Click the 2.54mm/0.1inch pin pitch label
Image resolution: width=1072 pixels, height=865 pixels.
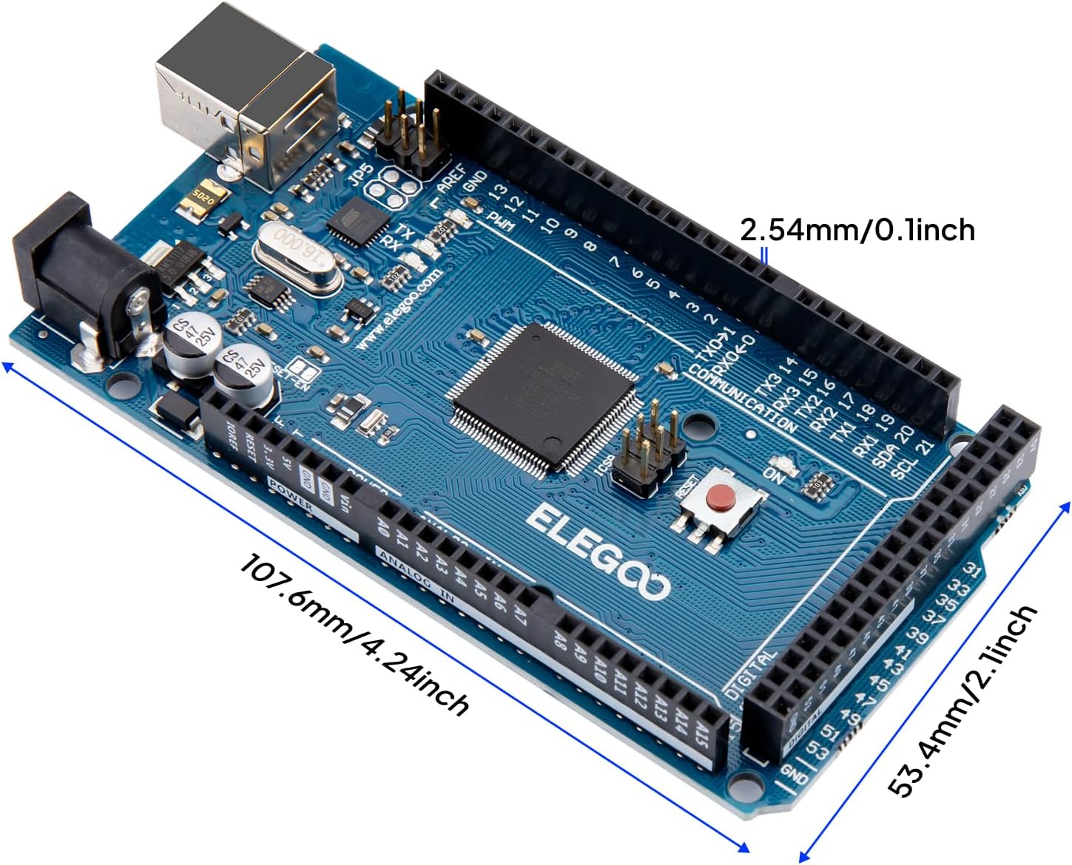[x=857, y=230]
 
